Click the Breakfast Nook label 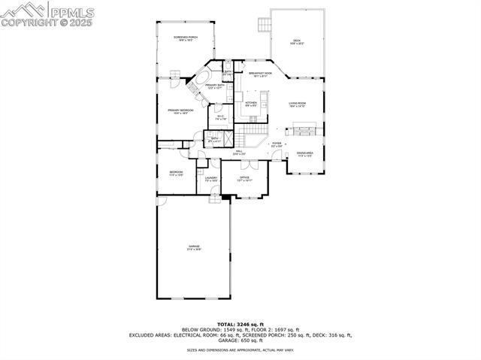tap(261, 74)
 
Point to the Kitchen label tap(251, 104)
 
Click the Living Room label tap(297, 104)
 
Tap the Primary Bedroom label tap(181, 111)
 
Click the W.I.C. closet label tap(221, 117)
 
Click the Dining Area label tap(305, 155)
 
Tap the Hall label tap(238, 153)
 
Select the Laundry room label tap(211, 179)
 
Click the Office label tap(244, 179)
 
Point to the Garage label tap(194, 248)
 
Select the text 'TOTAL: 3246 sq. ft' tap(240, 324)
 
